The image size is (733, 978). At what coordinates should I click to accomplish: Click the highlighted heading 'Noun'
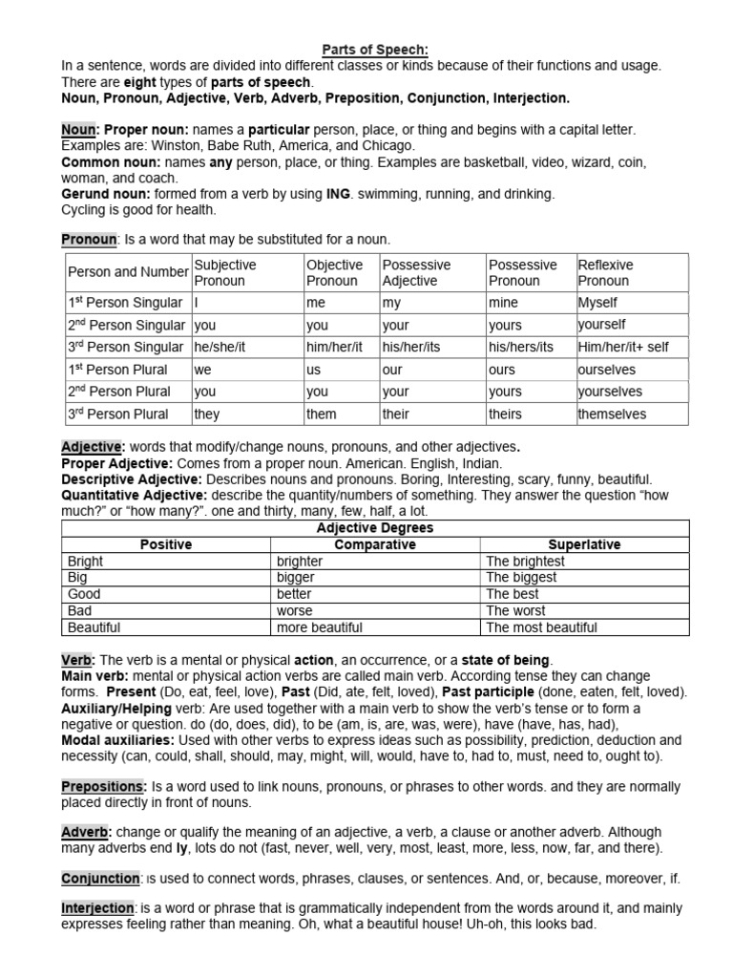(78, 129)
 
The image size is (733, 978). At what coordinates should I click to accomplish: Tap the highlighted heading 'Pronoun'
(89, 239)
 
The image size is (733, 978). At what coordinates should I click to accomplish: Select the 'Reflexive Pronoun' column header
(605, 272)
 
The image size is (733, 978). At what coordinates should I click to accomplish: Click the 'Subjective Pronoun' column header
(225, 272)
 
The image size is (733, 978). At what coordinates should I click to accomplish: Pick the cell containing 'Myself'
(597, 303)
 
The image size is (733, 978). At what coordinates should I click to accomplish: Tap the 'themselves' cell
(612, 414)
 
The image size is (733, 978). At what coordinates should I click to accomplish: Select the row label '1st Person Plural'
(117, 370)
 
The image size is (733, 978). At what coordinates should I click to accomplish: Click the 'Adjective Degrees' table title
(374, 528)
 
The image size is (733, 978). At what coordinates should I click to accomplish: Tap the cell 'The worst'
(515, 610)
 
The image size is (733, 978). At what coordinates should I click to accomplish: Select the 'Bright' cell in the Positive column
(85, 562)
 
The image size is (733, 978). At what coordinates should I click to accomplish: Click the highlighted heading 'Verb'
(76, 660)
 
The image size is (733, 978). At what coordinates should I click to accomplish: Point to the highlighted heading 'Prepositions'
(102, 785)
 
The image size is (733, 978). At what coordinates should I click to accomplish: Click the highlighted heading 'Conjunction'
(100, 878)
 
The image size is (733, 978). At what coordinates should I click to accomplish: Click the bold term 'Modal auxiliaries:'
(117, 740)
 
